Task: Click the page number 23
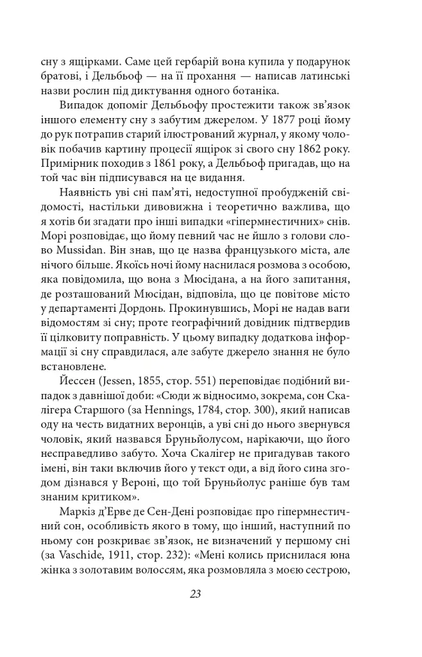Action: click(x=196, y=593)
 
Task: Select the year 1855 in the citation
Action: click(x=162, y=384)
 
